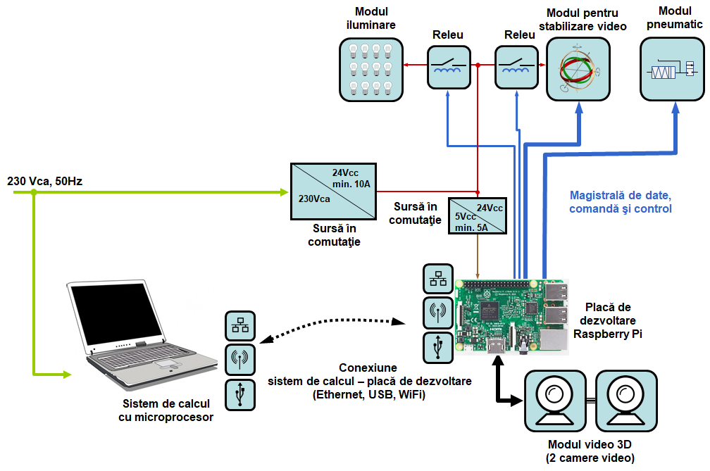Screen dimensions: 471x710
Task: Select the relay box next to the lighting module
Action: pos(449,67)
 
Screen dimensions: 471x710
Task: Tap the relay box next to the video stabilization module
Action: pos(516,67)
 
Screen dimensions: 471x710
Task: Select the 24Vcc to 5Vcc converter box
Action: pos(479,215)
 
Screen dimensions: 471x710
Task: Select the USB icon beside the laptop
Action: pos(240,394)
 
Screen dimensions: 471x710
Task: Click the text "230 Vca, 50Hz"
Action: pos(44,181)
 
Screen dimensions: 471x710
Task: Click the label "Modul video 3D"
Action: pos(590,446)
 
